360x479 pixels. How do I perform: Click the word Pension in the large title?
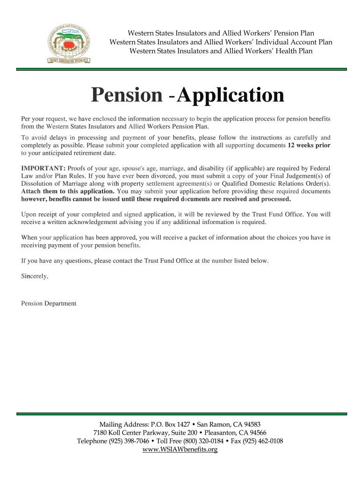pos(126,95)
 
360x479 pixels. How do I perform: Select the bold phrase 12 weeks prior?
pos(309,145)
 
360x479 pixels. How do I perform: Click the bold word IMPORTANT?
pos(43,168)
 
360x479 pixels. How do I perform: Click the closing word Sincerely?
pos(35,276)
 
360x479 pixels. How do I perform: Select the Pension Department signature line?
pos(49,304)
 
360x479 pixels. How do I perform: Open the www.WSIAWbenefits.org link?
pos(180,450)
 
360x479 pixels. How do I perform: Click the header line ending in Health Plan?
pos(221,51)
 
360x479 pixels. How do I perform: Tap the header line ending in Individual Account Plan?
pos(221,42)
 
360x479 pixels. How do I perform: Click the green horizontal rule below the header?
pos(181,69)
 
